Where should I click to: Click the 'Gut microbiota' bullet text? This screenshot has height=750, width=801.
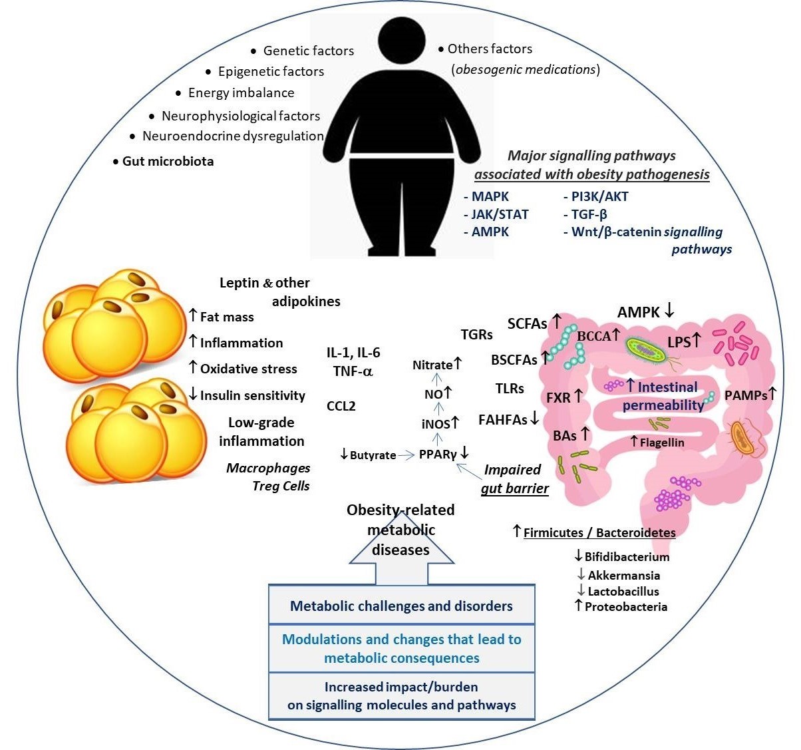[168, 161]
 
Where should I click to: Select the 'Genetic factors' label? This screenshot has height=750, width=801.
[308, 51]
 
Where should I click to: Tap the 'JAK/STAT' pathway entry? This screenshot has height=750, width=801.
[500, 214]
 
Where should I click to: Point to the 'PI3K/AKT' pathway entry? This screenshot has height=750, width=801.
[599, 196]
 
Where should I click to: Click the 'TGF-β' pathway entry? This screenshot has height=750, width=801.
[589, 214]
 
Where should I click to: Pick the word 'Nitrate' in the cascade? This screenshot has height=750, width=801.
[432, 365]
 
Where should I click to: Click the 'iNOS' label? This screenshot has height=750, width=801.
[436, 424]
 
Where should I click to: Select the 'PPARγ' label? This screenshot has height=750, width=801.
[438, 455]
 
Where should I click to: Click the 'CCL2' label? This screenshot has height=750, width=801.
[341, 406]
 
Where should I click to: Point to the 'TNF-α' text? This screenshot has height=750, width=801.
[353, 371]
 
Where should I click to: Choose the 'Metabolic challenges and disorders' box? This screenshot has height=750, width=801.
[401, 606]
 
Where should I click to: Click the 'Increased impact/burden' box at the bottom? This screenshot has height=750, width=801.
[401, 696]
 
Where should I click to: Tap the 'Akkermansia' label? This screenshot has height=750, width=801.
[623, 575]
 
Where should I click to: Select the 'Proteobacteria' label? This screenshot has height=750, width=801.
[625, 606]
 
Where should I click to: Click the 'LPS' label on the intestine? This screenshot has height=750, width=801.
[679, 342]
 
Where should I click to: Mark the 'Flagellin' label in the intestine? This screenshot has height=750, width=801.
[662, 442]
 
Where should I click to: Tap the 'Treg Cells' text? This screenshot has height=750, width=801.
[281, 486]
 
